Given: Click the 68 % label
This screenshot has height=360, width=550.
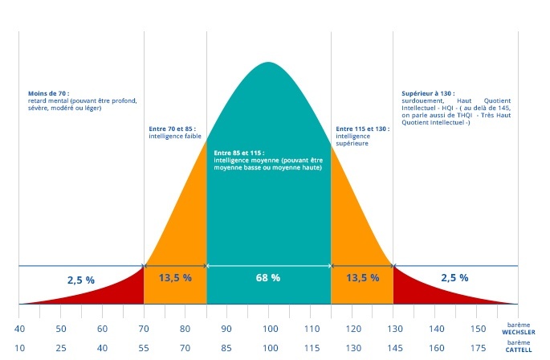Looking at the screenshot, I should (x=269, y=278).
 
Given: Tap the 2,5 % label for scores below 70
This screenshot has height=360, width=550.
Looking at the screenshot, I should (x=80, y=280).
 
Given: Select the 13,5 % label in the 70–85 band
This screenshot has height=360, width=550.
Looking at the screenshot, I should (x=175, y=278).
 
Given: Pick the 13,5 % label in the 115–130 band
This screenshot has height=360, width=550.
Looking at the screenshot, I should (x=362, y=278).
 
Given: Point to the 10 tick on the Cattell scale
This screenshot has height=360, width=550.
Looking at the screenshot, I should (x=18, y=348).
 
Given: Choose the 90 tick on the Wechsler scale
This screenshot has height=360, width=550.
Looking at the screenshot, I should (x=226, y=329).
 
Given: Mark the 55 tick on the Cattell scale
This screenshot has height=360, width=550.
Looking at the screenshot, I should (x=144, y=348).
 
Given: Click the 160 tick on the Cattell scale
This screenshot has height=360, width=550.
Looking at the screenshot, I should (x=435, y=348).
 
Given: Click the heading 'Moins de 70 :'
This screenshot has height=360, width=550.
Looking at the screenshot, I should (x=48, y=93).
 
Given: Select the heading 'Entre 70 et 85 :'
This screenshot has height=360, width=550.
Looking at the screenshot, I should (x=173, y=129).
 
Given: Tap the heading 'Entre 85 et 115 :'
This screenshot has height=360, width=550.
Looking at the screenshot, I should (x=239, y=152).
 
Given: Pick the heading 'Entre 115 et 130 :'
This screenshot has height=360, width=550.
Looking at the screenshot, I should (x=362, y=129).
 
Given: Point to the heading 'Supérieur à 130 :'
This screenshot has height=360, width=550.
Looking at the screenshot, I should (x=429, y=93).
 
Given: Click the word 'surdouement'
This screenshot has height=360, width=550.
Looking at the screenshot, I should (x=422, y=100).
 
